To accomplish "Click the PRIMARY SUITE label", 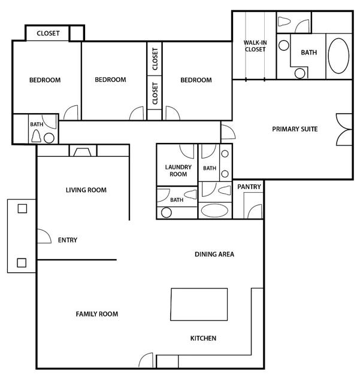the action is (x=295, y=129).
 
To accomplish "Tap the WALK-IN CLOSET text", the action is (x=255, y=46).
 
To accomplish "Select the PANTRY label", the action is (x=249, y=187).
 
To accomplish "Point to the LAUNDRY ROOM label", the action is (x=178, y=171).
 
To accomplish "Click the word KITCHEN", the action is (x=203, y=338).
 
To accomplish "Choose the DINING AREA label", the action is (x=214, y=254).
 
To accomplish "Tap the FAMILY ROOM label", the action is (x=97, y=314).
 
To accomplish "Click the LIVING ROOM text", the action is (x=86, y=190).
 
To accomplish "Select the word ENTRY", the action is (x=68, y=240).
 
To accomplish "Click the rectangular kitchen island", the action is (x=199, y=305).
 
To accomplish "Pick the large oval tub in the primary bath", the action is (x=338, y=56).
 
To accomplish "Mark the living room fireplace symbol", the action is (x=83, y=152).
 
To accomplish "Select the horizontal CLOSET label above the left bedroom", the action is (x=48, y=34).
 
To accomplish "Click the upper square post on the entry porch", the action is (x=22, y=209).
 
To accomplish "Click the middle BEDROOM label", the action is (x=111, y=80).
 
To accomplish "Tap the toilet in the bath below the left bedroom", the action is (x=37, y=136).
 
